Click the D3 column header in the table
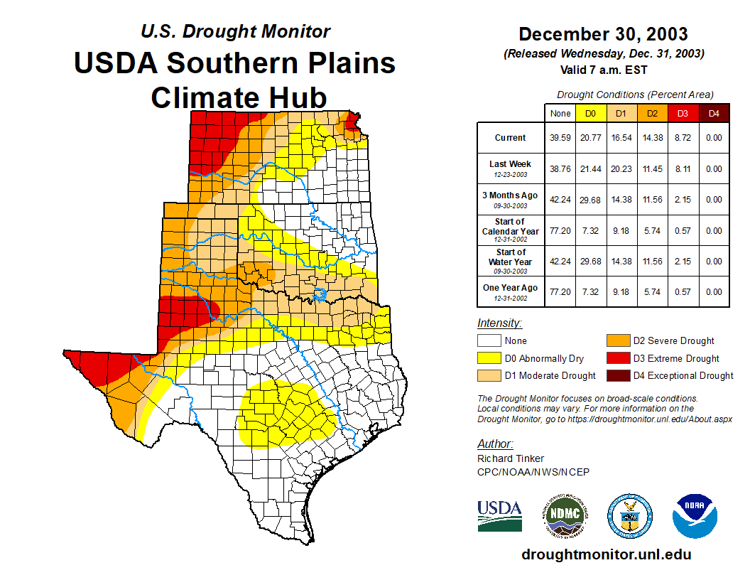(x=683, y=113)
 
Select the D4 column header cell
(x=714, y=113)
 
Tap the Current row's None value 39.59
(x=560, y=138)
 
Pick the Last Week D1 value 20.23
(x=621, y=169)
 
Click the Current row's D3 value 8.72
(x=683, y=138)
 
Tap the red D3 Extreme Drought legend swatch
(x=617, y=358)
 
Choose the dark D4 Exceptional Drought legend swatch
(x=617, y=375)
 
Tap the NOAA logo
(x=695, y=516)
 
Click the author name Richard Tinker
(x=511, y=458)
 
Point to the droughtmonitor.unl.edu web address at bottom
(x=606, y=554)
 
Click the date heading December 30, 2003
(x=603, y=34)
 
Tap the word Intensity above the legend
(x=499, y=323)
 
